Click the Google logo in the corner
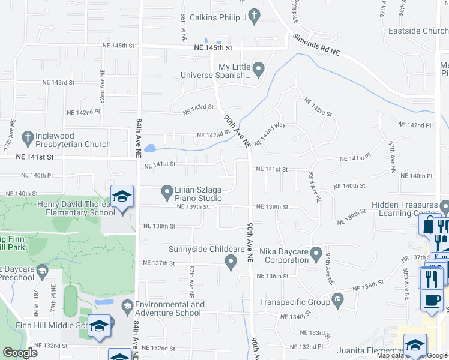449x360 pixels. (20, 353)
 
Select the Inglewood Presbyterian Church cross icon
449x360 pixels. (27, 138)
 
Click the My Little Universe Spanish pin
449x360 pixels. (259, 70)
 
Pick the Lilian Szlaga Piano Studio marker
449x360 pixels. (167, 192)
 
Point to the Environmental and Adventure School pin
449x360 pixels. (127, 308)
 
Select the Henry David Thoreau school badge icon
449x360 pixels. (122, 196)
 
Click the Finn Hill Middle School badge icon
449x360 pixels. (99, 326)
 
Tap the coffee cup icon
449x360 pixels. (431, 299)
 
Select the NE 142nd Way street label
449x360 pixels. (270, 134)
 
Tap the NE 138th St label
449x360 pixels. (159, 226)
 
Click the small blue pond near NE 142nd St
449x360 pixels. (149, 148)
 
